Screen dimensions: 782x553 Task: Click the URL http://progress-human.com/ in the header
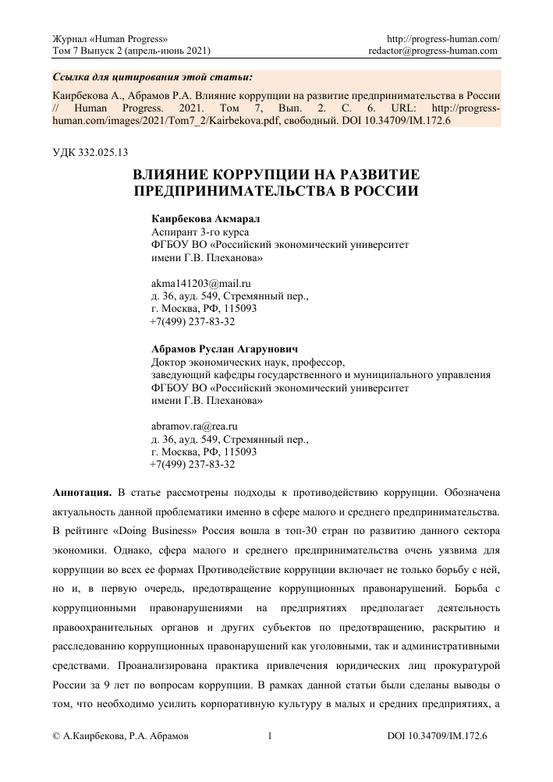[444, 38]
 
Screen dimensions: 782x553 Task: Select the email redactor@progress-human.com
[434, 51]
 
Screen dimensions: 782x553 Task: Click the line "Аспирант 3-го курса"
[198, 232]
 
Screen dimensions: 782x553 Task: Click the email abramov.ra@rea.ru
[193, 426]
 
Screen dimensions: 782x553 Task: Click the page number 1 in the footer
[269, 735]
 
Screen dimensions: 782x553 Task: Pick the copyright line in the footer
[119, 735]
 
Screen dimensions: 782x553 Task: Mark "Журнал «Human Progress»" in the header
[108, 38]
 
